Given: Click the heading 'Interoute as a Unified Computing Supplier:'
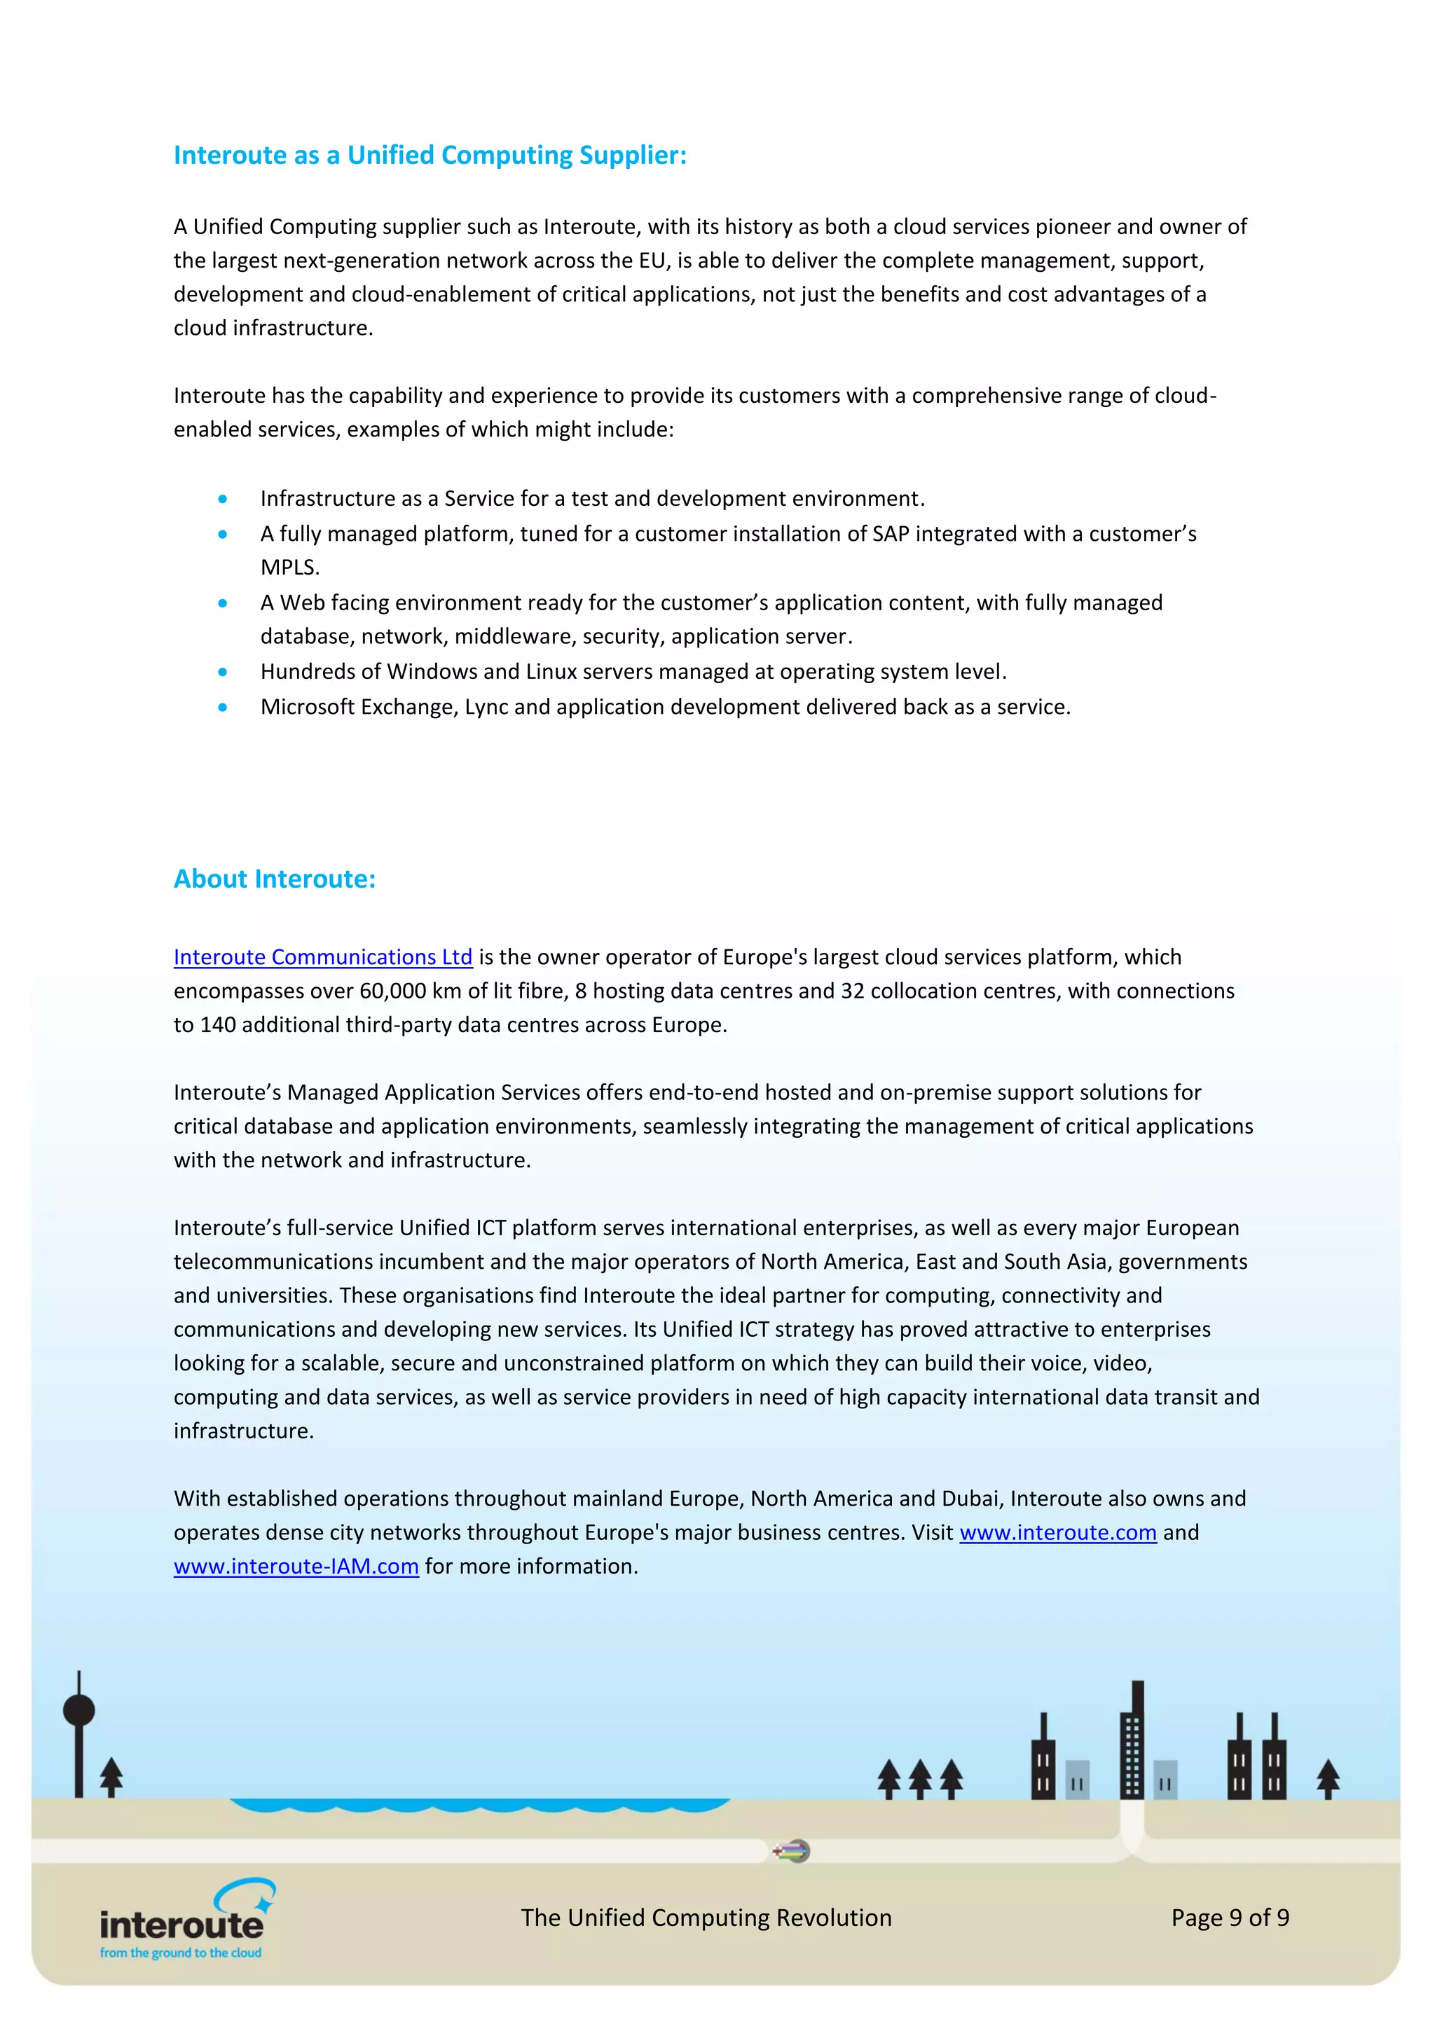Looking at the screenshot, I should click(430, 156).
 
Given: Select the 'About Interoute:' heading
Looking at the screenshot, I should click(274, 879).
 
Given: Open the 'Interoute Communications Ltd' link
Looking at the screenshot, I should click(322, 957).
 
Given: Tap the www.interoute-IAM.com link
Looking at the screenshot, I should click(296, 1566).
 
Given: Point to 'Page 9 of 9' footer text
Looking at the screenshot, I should click(1229, 1918).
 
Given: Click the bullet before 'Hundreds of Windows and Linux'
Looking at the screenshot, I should click(223, 673).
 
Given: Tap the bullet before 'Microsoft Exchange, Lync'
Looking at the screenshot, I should click(223, 707).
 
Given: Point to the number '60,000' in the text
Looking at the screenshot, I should click(392, 991).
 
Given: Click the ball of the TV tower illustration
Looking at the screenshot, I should click(78, 1710).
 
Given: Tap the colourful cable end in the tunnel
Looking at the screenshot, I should click(792, 1850).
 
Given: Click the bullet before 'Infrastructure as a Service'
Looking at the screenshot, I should click(223, 500).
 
